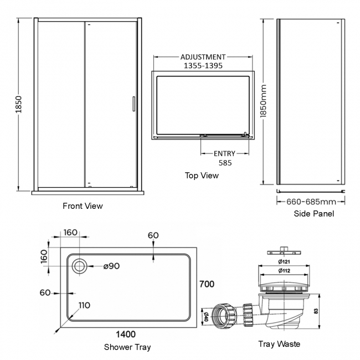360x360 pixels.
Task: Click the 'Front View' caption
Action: [83, 206]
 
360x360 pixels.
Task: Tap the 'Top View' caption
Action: [202, 176]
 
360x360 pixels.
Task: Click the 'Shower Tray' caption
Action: [127, 347]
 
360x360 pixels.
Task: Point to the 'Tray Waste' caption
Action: [279, 344]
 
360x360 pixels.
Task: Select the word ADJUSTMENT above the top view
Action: [203, 57]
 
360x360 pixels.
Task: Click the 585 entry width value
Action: [224, 163]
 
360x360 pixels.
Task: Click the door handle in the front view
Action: [132, 105]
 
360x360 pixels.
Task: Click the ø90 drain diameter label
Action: [111, 266]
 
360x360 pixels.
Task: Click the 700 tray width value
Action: [207, 285]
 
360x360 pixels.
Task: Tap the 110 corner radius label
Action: [85, 305]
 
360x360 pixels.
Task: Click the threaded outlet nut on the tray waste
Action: [223, 315]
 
